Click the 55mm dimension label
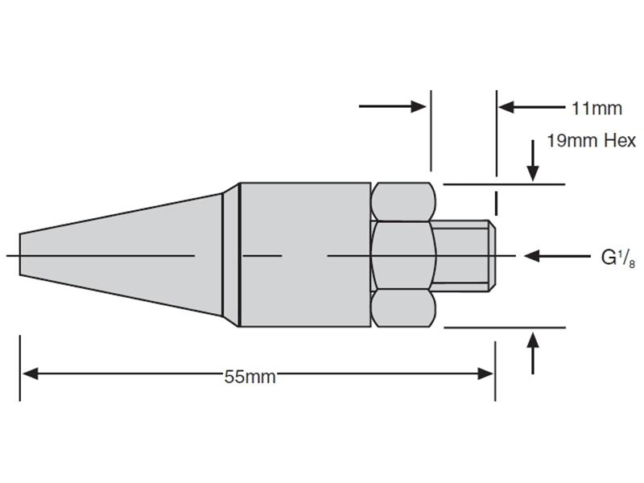click(x=250, y=376)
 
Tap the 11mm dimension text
click(x=597, y=109)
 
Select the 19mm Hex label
click(x=591, y=141)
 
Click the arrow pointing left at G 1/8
click(x=557, y=256)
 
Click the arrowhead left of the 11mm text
click(x=506, y=107)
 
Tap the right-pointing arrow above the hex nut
click(x=392, y=106)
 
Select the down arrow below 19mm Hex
click(x=533, y=160)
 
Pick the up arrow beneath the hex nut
click(x=533, y=353)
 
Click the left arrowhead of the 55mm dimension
click(x=31, y=374)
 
